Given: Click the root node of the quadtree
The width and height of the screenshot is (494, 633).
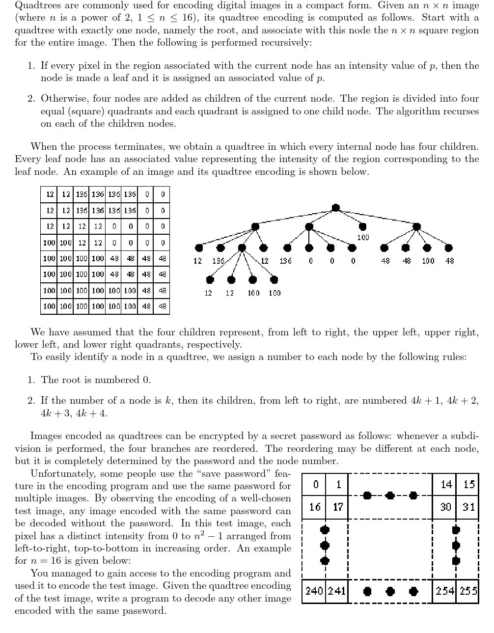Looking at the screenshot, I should click(x=336, y=208).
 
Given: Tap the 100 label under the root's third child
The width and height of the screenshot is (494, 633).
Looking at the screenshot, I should click(x=363, y=238).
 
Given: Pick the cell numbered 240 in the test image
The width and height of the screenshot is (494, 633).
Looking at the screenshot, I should click(x=314, y=591).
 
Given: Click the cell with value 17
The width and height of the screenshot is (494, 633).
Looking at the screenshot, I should click(x=338, y=507).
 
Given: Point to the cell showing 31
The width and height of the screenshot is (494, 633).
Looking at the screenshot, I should click(x=469, y=507).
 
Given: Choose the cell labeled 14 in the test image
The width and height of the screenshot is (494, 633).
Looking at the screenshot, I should click(x=445, y=485).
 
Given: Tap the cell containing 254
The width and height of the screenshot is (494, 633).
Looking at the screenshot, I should click(x=445, y=591).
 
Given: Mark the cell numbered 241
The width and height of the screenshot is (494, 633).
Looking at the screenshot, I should click(x=337, y=591).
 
